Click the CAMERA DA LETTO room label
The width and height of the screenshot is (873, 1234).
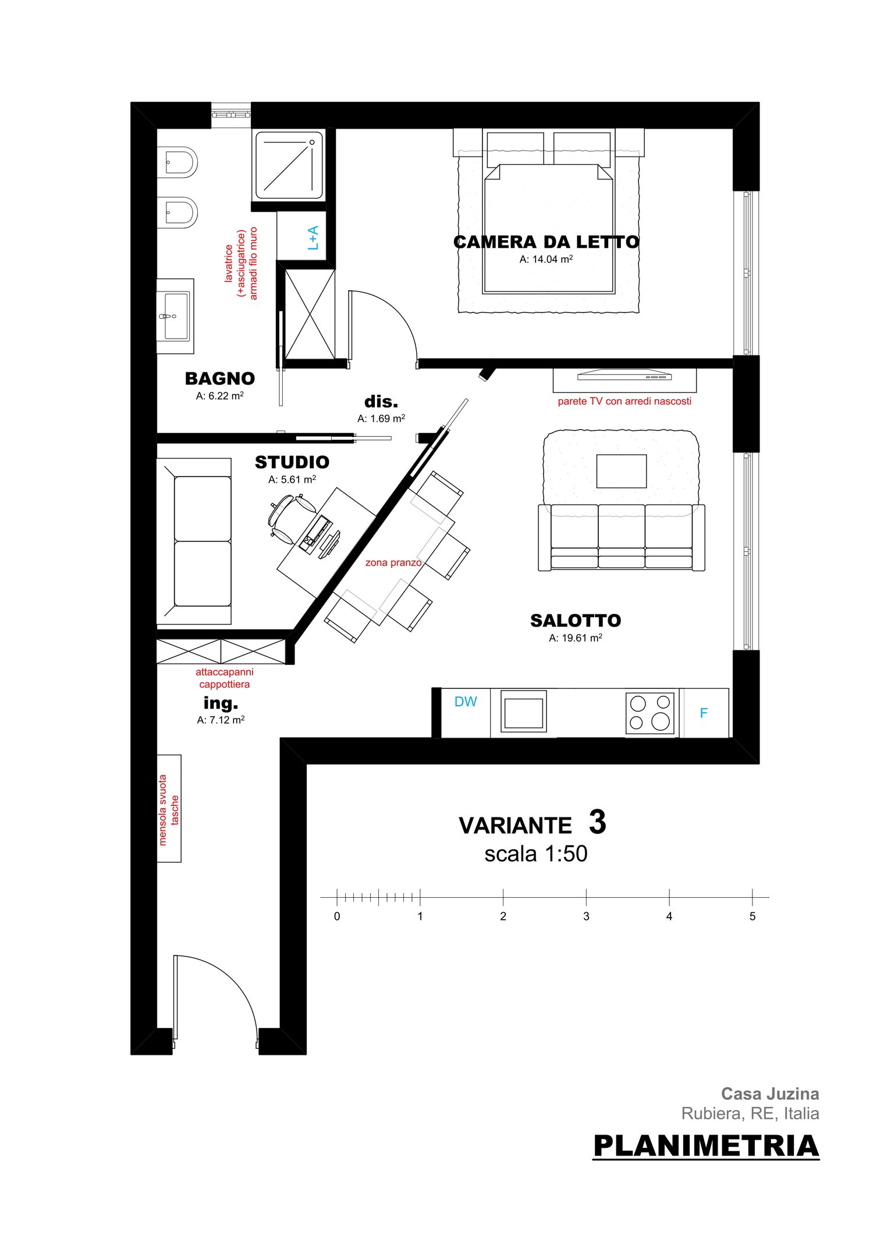546,242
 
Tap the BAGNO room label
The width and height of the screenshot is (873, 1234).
220,379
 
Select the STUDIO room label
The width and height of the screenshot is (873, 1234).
292,463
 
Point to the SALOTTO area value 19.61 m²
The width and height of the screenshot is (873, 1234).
576,638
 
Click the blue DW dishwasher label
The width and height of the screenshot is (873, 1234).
466,702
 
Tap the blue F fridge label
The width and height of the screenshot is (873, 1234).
704,713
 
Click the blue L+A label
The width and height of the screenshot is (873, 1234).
313,238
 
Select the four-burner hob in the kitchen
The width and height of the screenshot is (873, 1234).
650,713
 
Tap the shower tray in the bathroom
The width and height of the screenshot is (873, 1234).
289,165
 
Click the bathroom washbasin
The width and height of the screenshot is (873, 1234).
175,316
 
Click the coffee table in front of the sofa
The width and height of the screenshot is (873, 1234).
622,471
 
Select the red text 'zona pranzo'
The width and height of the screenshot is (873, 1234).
393,563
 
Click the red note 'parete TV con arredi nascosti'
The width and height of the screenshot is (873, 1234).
624,401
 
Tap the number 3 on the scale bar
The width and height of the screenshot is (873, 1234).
586,916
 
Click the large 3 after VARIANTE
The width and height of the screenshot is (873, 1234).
598,822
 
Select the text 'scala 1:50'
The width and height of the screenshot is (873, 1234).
536,854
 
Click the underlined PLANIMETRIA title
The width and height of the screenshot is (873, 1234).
706,1146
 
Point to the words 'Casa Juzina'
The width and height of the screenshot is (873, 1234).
770,1094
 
